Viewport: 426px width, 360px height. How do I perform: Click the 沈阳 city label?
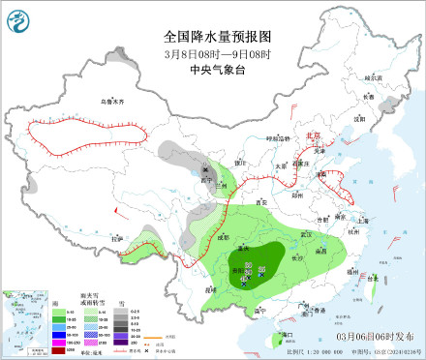pyautogui.click(x=360, y=119)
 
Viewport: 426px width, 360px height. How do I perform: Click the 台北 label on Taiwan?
pyautogui.click(x=365, y=274)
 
